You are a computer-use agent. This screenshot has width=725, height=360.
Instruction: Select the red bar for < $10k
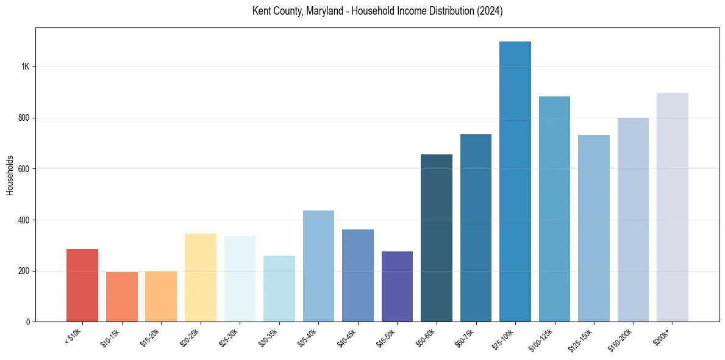coord(82,285)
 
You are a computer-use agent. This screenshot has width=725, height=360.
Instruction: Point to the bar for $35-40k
coord(318,266)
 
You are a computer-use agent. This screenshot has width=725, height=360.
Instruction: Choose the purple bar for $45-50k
coord(397,286)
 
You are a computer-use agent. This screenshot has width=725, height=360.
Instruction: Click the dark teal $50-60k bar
coord(437,238)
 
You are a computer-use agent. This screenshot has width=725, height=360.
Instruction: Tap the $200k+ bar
coord(673,207)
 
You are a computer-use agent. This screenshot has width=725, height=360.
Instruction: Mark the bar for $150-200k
coord(633,220)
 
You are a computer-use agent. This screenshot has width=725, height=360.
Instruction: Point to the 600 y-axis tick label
coord(25,169)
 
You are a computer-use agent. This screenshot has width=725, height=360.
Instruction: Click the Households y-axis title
coord(10,175)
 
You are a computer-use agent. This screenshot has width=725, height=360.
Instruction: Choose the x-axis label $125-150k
coord(580,339)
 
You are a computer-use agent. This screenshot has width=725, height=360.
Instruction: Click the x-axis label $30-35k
coord(268,337)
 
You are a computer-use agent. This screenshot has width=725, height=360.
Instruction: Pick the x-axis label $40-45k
coord(346,337)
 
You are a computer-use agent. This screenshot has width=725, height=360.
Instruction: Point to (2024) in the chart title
coord(489,12)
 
